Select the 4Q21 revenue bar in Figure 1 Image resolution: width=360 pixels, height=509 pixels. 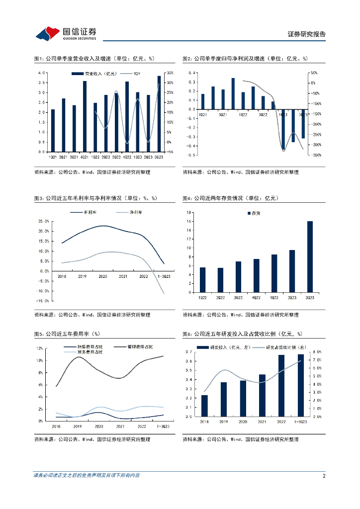(x=85, y=116)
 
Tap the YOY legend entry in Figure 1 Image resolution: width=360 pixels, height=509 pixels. (x=137, y=74)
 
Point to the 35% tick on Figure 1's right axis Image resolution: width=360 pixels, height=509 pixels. (x=170, y=73)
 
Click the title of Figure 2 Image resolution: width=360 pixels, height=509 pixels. (x=245, y=59)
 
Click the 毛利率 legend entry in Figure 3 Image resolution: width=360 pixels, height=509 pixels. (x=90, y=212)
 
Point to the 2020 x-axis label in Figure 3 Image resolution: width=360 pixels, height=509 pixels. (x=103, y=276)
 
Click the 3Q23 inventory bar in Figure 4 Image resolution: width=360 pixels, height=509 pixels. (x=310, y=256)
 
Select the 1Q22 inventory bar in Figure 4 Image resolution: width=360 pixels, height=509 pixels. (x=202, y=280)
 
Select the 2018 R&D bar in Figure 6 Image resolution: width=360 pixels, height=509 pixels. (x=205, y=406)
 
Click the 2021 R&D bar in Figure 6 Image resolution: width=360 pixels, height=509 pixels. (x=262, y=395)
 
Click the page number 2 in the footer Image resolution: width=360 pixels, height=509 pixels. (x=324, y=476)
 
